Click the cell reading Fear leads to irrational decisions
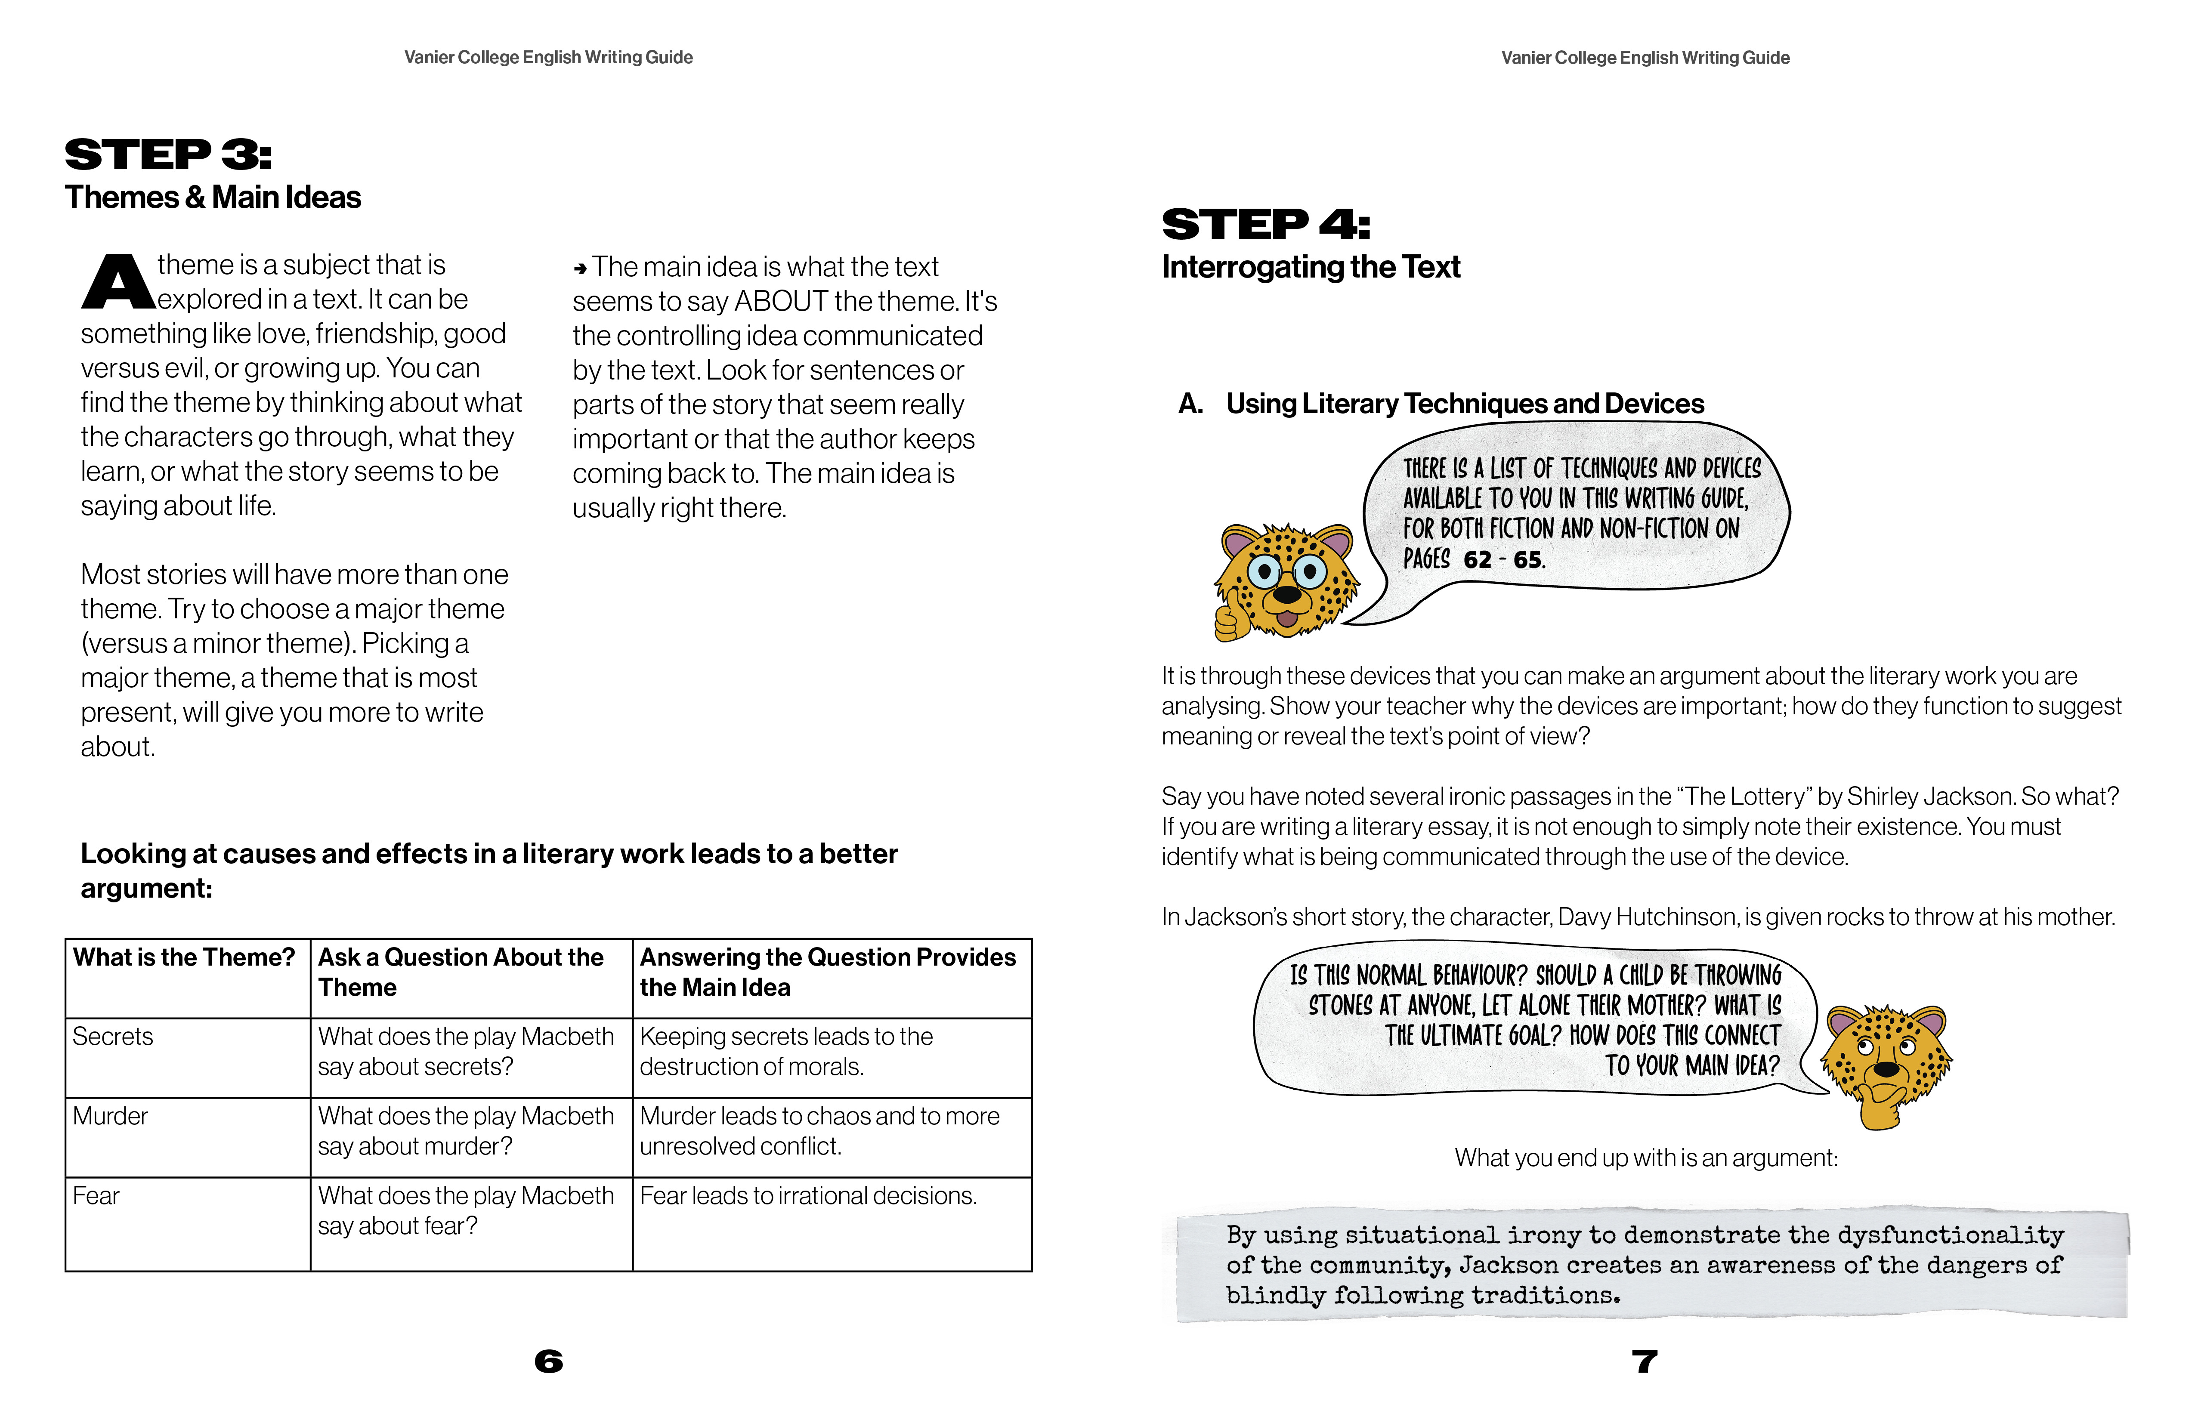pos(808,1196)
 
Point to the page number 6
pos(549,1361)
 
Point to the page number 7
pos(1645,1361)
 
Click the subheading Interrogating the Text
pos(1311,267)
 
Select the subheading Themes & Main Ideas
pos(213,198)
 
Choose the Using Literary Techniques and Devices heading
pos(1465,404)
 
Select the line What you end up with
pos(1645,1158)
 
